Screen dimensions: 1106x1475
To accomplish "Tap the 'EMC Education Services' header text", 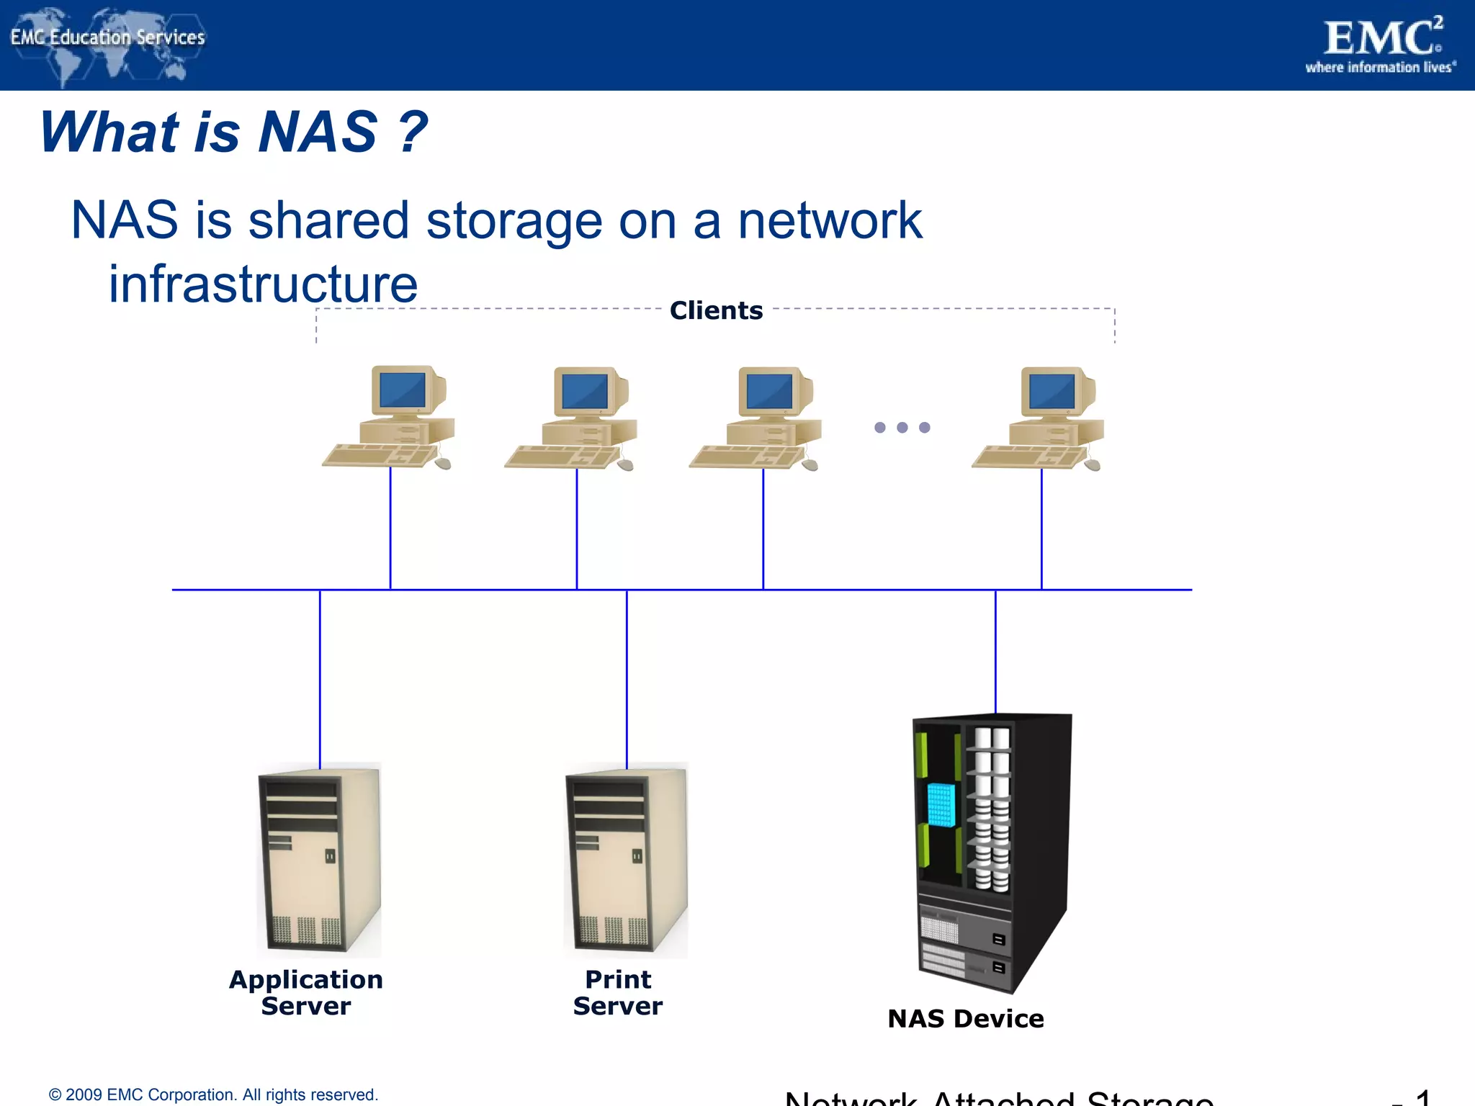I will (108, 37).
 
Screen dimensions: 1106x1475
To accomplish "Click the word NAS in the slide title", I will (318, 132).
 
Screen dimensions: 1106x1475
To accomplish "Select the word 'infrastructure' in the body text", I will (263, 284).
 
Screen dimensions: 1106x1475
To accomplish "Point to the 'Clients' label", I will (716, 310).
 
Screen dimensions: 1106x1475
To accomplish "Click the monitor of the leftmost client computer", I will (403, 390).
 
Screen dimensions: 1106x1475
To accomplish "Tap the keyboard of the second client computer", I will (562, 457).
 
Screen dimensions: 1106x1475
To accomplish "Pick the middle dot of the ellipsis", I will (902, 428).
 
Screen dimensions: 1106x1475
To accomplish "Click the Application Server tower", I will (319, 860).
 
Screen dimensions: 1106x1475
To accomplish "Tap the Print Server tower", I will (626, 860).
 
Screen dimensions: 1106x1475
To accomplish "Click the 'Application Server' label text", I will (306, 992).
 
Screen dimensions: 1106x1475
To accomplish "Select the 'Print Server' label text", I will (618, 992).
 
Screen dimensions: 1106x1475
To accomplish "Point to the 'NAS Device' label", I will (965, 1019).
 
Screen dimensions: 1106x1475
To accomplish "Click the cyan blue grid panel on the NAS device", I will (941, 804).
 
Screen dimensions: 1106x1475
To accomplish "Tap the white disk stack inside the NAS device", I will (992, 809).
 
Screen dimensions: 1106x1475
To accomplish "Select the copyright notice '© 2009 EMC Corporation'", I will (213, 1094).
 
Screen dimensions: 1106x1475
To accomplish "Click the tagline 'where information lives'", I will (1380, 68).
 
